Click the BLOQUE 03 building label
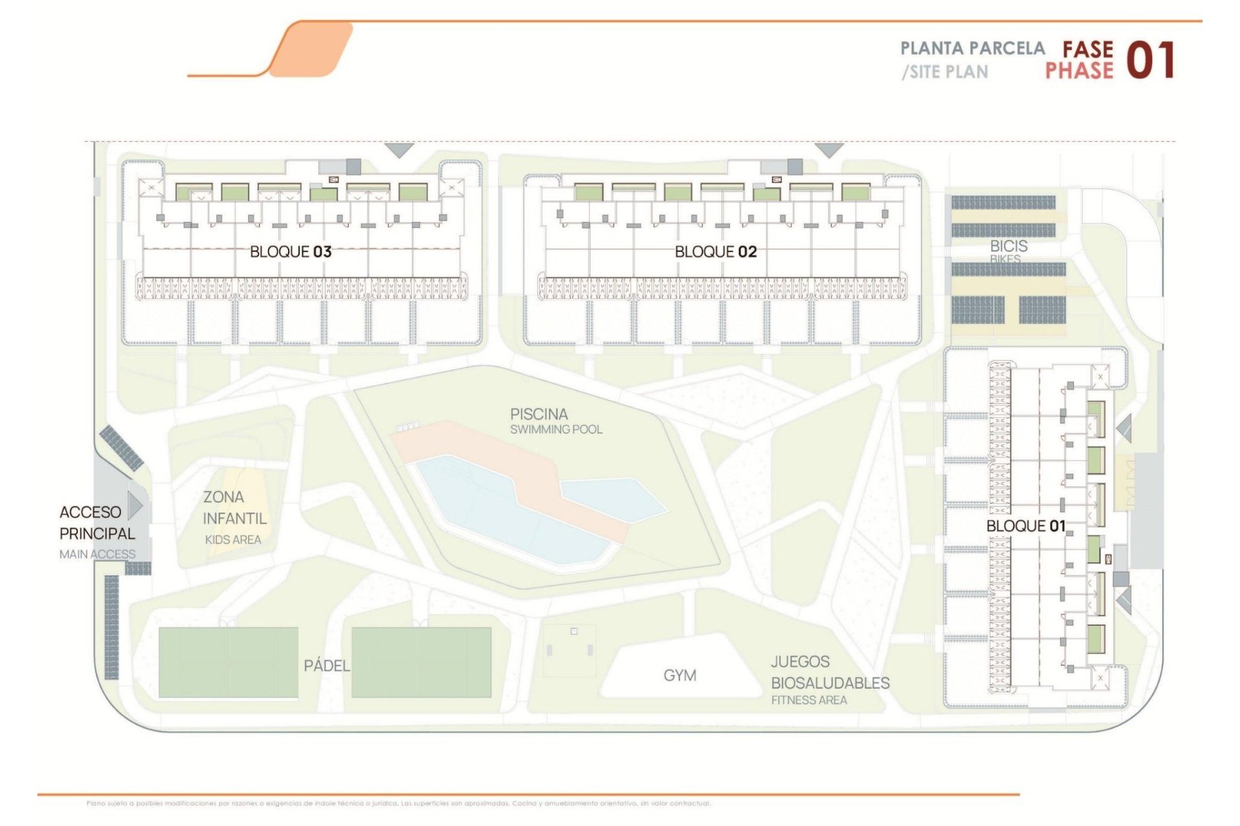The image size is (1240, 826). (291, 252)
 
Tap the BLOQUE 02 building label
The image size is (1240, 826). (716, 252)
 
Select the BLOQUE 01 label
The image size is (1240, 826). (1025, 526)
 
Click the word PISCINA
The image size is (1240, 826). (539, 414)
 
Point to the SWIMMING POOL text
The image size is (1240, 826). (555, 430)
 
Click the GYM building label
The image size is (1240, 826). (679, 676)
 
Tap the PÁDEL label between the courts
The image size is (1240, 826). (326, 665)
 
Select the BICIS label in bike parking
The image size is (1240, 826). (1008, 246)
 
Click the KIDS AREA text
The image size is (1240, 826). (232, 540)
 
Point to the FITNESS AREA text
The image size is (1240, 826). (809, 700)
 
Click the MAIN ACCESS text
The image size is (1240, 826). (97, 554)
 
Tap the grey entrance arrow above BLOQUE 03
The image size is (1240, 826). (399, 150)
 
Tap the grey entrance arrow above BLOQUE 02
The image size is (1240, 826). (829, 150)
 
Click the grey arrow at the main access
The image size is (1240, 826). (135, 505)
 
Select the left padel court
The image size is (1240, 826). (228, 662)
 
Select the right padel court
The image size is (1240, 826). (421, 662)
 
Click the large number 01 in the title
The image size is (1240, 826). (1150, 61)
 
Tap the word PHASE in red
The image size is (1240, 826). (1079, 71)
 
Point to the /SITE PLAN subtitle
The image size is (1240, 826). (945, 72)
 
